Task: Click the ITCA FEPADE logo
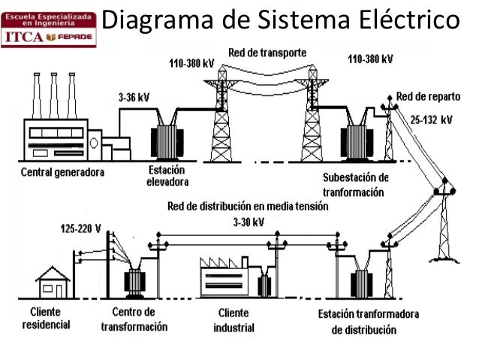[x=49, y=27]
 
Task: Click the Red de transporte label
[x=271, y=52]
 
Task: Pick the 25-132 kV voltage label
[x=431, y=119]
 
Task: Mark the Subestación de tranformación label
[x=356, y=184]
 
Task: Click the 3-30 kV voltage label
[x=248, y=222]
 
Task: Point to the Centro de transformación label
[x=134, y=319]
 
